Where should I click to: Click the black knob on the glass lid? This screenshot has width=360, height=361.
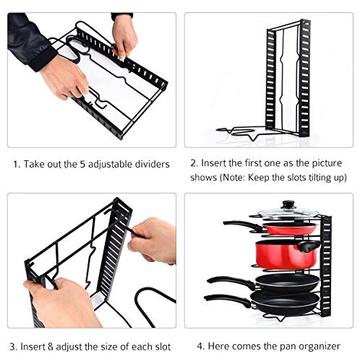(289, 205)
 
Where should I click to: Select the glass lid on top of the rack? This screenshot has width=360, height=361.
(288, 212)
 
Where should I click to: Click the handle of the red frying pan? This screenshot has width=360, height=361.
(243, 225)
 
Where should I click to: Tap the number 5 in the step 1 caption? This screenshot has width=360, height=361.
(82, 165)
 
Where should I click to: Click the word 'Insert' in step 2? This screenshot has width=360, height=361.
(213, 163)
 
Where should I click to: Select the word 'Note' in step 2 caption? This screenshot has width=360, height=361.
(233, 178)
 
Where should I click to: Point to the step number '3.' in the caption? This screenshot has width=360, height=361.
(14, 347)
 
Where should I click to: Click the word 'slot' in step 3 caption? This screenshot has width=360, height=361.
(162, 347)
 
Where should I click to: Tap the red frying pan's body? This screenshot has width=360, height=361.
(290, 229)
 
